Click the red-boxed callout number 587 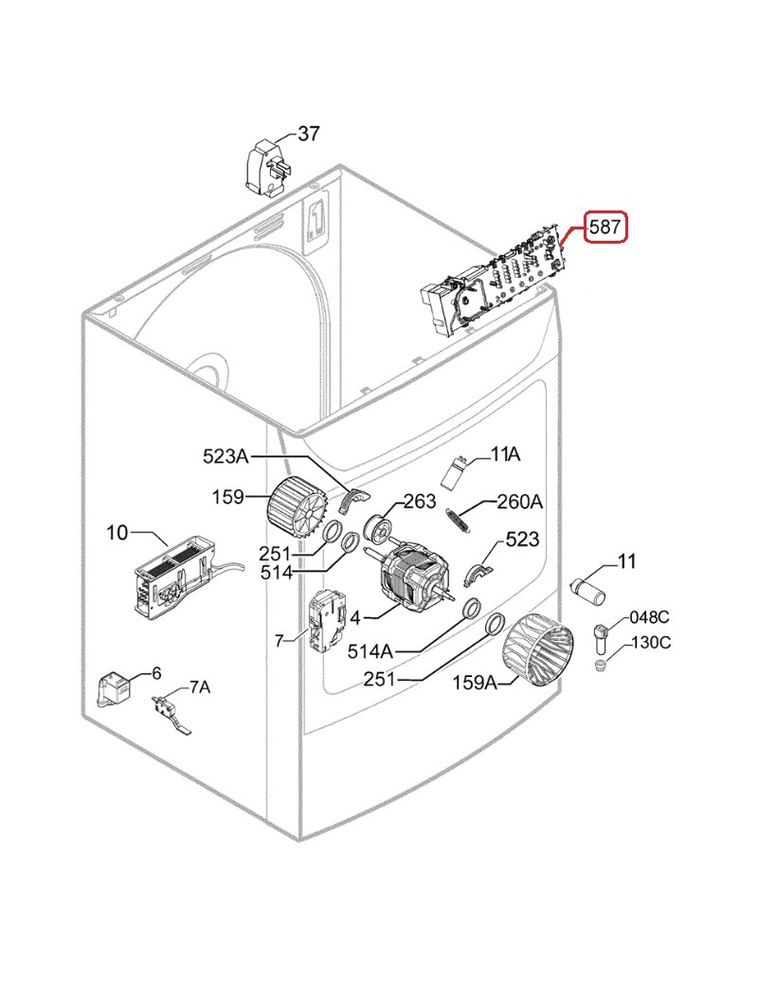(605, 227)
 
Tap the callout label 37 (309, 134)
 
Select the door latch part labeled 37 (269, 167)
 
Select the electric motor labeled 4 (414, 577)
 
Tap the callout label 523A (226, 456)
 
